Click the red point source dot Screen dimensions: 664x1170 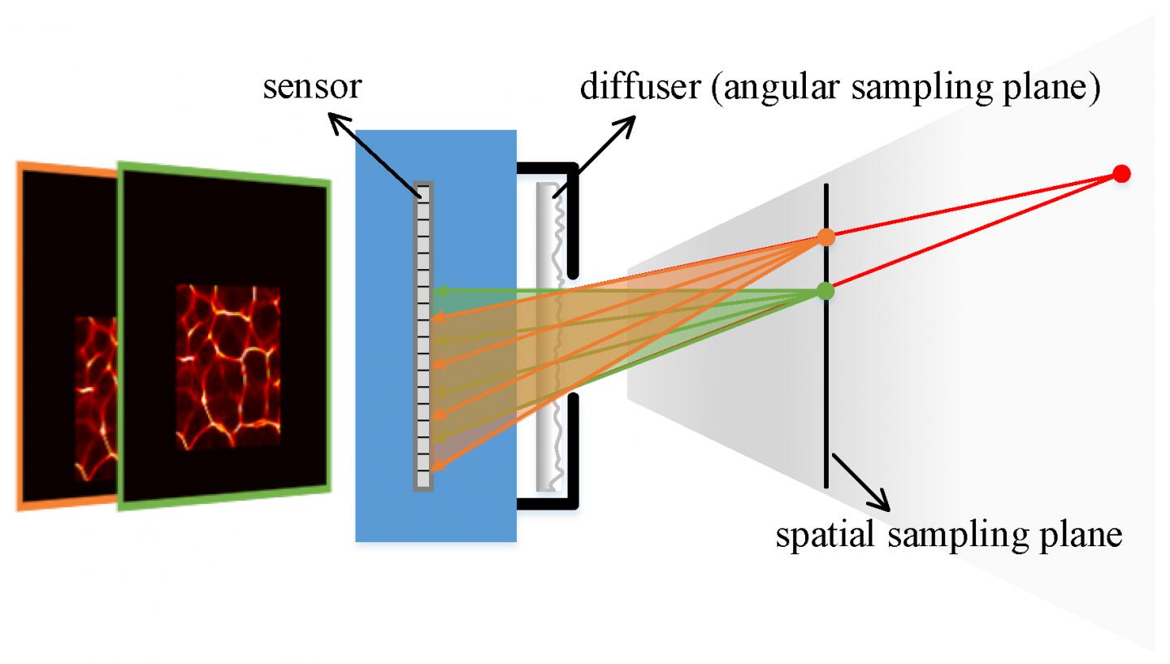(x=1121, y=173)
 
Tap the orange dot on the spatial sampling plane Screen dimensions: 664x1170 (x=825, y=237)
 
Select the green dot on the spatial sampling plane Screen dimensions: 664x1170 (x=825, y=290)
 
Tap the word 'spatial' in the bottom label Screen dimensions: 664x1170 (x=821, y=536)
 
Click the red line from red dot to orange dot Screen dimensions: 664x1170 (x=975, y=205)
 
